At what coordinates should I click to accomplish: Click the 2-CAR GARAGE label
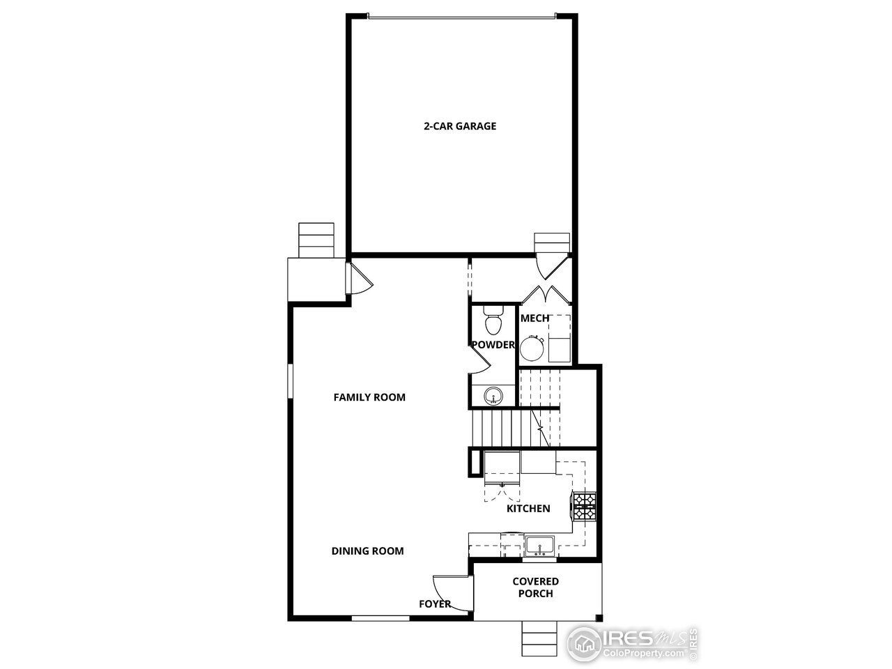click(x=460, y=126)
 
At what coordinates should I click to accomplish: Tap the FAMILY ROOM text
click(x=369, y=397)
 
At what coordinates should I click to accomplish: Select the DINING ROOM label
click(x=367, y=551)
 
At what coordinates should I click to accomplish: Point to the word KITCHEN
click(x=528, y=509)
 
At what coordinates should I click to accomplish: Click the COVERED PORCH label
click(x=535, y=587)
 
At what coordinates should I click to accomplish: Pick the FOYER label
click(x=435, y=604)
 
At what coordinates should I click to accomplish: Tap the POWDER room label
click(x=493, y=345)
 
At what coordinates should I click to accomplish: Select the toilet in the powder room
click(x=493, y=322)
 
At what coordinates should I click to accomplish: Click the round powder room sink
click(x=494, y=395)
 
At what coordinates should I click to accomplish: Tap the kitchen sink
click(x=539, y=545)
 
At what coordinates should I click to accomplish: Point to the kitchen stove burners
click(x=584, y=506)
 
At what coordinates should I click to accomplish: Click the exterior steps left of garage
click(x=317, y=240)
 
